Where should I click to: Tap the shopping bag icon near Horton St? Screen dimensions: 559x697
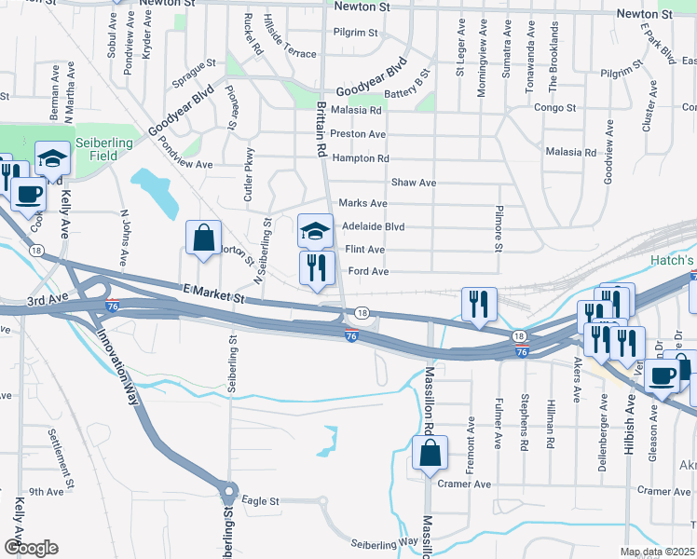click(203, 238)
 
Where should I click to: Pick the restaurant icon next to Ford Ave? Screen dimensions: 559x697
click(317, 267)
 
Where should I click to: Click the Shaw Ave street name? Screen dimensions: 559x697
click(414, 183)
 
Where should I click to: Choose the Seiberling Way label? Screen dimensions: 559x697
click(384, 543)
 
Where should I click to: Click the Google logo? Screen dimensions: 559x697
click(30, 547)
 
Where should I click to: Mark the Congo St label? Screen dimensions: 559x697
click(553, 107)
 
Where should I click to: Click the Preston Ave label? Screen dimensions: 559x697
click(358, 134)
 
